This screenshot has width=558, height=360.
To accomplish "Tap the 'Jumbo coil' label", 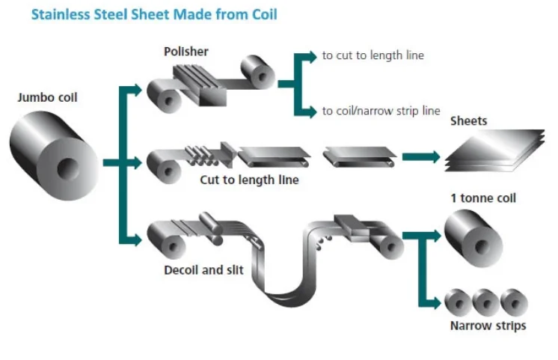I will click(x=47, y=97).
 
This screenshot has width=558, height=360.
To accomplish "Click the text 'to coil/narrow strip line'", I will click(x=381, y=111).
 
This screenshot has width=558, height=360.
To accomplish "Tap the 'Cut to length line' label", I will click(x=249, y=180).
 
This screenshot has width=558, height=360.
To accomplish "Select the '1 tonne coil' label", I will click(x=483, y=198).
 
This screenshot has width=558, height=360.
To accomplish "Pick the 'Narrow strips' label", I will click(x=488, y=326).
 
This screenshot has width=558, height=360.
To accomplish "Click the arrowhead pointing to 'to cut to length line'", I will click(x=310, y=55).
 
